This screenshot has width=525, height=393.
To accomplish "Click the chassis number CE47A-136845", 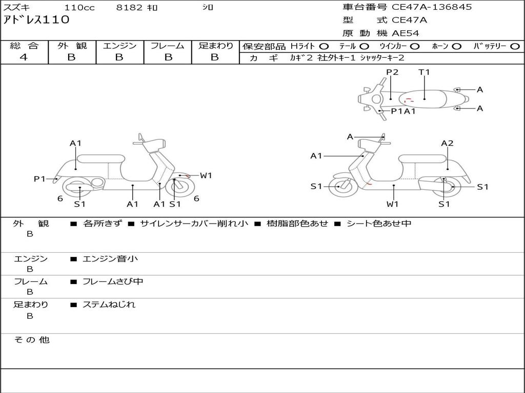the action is [432, 7].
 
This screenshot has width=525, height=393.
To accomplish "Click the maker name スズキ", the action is [17, 8].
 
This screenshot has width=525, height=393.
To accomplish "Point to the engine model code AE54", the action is [406, 34].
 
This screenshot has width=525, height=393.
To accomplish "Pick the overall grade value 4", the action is [24, 57].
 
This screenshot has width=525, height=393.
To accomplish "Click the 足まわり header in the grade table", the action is [215, 46].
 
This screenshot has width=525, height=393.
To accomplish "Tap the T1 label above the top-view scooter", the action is [424, 72].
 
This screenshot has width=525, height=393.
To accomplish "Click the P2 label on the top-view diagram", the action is [392, 72].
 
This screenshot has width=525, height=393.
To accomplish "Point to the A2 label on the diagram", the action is [447, 143].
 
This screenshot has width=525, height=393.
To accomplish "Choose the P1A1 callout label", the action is [403, 111].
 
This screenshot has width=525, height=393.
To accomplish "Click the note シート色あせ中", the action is [378, 224].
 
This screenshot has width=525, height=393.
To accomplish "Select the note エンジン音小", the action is [110, 259].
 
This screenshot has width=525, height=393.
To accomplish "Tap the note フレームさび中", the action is [113, 281].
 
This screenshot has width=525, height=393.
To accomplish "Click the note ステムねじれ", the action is [109, 304].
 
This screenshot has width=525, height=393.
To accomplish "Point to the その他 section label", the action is [31, 340].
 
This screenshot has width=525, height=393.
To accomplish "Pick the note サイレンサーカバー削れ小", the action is [194, 224].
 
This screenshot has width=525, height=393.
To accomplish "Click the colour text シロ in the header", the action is [207, 8].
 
